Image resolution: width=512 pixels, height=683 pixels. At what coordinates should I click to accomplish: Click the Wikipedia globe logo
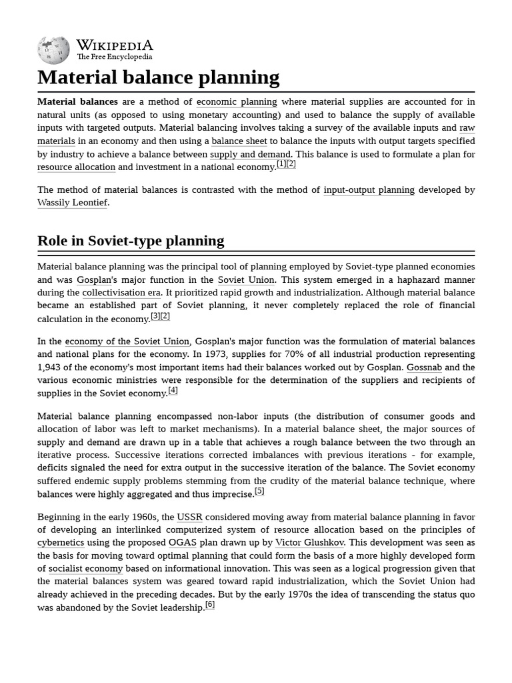53,49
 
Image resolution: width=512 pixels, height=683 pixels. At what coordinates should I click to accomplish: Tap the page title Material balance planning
159,77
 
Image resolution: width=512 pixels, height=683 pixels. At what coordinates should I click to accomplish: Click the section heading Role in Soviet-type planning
131,241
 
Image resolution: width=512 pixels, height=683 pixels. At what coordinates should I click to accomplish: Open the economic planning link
237,102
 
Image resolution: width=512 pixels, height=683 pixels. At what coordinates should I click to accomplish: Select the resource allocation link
76,167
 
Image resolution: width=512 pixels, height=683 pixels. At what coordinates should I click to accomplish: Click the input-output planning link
369,190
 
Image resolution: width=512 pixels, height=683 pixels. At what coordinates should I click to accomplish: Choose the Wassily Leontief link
72,203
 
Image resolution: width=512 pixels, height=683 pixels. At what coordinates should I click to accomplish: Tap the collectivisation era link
121,293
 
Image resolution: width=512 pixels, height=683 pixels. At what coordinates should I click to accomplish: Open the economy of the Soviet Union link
127,341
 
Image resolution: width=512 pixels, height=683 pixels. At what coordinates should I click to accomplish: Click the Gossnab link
423,368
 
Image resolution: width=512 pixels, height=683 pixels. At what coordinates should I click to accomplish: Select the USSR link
189,517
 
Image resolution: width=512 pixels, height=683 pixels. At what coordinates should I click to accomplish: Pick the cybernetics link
61,543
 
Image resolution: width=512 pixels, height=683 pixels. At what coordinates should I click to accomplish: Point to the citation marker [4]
173,391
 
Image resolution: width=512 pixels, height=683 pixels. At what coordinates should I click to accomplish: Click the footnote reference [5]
259,492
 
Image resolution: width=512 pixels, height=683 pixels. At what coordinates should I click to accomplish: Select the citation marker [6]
210,605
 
